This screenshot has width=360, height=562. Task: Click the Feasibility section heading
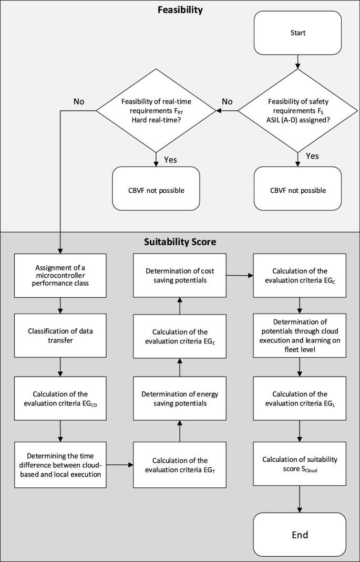[180, 9]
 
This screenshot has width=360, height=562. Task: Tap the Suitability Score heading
[180, 243]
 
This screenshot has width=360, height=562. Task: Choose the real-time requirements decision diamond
[156, 111]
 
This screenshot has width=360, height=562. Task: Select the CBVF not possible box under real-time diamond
[156, 189]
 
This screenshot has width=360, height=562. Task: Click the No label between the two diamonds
[227, 101]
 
